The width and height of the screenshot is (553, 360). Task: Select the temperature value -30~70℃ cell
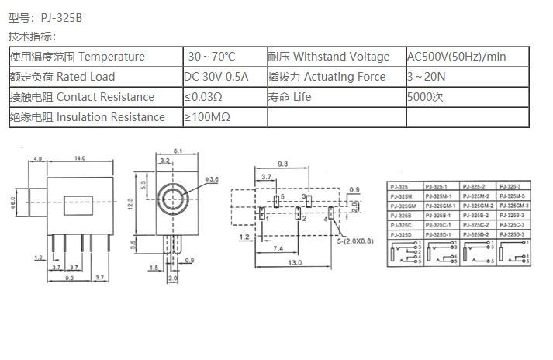[x=209, y=57]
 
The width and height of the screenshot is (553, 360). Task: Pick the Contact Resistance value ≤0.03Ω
[x=203, y=97]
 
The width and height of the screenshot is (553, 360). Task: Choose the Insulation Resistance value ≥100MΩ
[x=207, y=117]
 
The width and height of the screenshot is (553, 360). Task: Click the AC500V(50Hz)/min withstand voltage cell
[x=456, y=57]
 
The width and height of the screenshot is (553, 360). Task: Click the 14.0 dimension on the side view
[x=80, y=158]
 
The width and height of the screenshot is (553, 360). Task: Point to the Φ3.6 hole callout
[x=213, y=179]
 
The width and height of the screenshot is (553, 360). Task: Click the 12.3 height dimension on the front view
[x=132, y=202]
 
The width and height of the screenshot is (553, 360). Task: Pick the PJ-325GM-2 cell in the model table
[x=479, y=206]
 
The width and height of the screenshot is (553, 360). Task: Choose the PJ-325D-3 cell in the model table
[x=512, y=234]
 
